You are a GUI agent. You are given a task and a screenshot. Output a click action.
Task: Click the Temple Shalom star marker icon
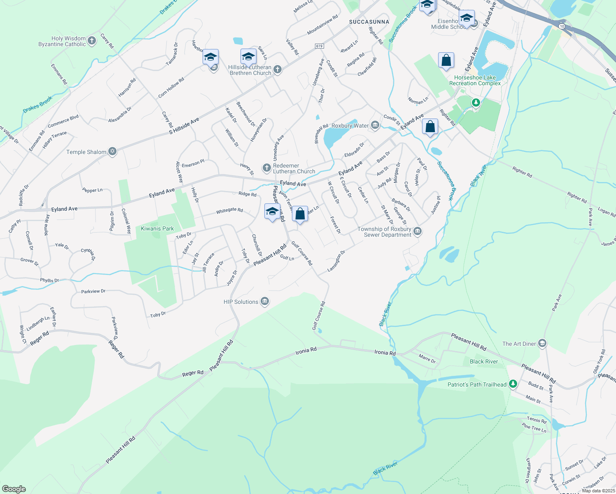[112, 151]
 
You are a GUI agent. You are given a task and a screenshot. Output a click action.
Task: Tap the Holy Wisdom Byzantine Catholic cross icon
[92, 40]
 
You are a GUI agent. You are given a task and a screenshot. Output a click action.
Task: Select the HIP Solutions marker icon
[265, 302]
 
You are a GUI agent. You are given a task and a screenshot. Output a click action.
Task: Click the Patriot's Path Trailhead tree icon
[513, 384]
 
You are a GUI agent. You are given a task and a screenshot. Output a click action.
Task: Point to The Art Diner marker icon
[542, 343]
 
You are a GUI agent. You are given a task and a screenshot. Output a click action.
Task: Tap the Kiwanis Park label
[157, 228]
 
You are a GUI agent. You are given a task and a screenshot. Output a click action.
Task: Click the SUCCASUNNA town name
[369, 22]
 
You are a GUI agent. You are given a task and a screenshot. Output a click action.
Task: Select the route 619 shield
[320, 46]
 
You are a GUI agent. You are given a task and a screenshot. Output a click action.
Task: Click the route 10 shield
[562, 26]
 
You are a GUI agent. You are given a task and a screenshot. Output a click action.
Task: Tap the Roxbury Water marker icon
[375, 125]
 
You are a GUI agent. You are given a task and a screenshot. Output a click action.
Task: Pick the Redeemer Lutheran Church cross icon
[266, 168]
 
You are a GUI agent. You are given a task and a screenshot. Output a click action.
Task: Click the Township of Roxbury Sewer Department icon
[418, 231]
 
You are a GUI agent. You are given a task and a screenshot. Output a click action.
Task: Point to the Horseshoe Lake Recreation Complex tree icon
[476, 102]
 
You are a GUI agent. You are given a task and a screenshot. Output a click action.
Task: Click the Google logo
[14, 489]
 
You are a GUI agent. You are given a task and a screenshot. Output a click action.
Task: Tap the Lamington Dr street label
[336, 261]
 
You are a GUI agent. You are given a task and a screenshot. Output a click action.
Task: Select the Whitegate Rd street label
[229, 210]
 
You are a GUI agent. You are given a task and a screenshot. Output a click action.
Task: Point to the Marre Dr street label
[427, 358]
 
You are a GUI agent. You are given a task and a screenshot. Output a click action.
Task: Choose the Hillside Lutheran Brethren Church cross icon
[278, 69]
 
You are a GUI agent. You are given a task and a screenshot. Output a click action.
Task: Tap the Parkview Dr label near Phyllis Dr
[93, 291]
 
